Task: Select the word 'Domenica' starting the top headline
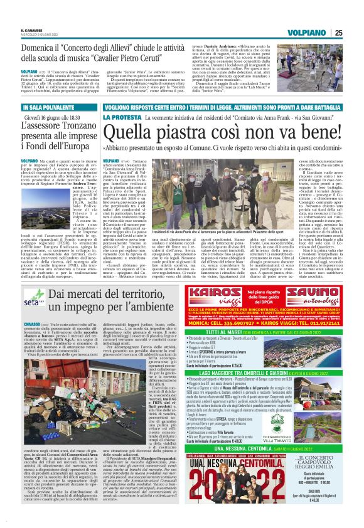tap(55, 48)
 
